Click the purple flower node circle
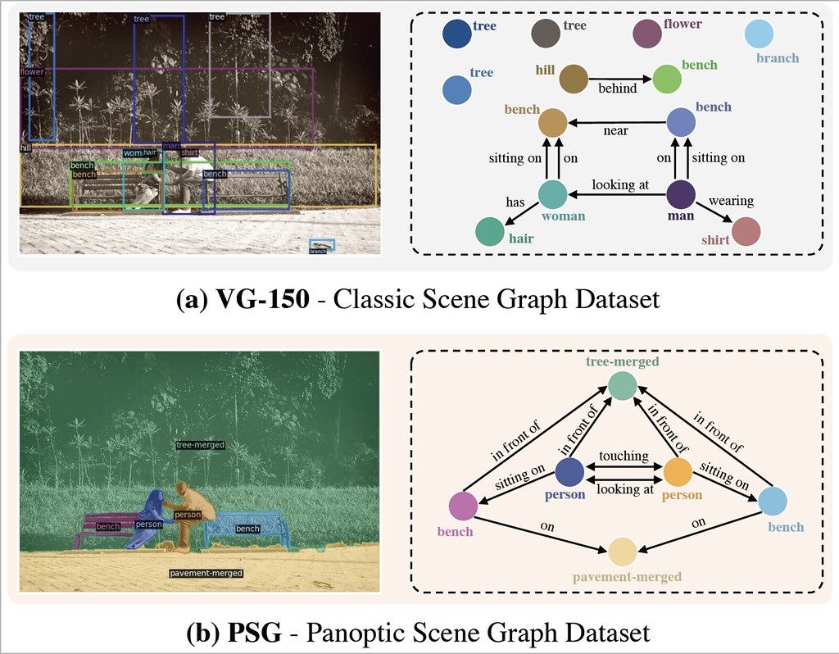pyautogui.click(x=647, y=34)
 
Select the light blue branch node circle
pyautogui.click(x=759, y=35)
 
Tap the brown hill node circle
pyautogui.click(x=574, y=79)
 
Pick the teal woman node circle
pyautogui.click(x=553, y=195)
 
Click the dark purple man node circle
pyautogui.click(x=680, y=195)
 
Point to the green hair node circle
pyautogui.click(x=489, y=232)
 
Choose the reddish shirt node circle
pyautogui.click(x=746, y=232)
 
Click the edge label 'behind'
pyautogui.click(x=616, y=89)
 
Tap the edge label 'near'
pyautogui.click(x=615, y=131)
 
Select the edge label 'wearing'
pyautogui.click(x=730, y=201)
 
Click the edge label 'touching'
pyautogui.click(x=624, y=456)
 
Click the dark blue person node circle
pyautogui.click(x=569, y=472)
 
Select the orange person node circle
pyautogui.click(x=678, y=472)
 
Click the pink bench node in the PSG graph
pyautogui.click(x=462, y=506)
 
